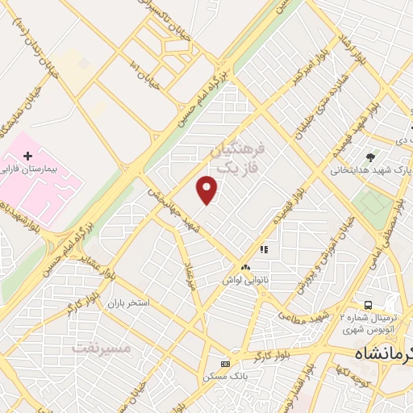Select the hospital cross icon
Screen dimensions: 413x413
[29, 155]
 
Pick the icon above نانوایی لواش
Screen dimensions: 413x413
[245, 267]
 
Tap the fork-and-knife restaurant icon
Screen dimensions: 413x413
[263, 250]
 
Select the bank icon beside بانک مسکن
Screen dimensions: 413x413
[225, 363]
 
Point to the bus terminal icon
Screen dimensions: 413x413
[369, 305]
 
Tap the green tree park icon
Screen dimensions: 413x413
[370, 156]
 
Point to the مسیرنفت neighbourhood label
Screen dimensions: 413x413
[100, 348]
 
